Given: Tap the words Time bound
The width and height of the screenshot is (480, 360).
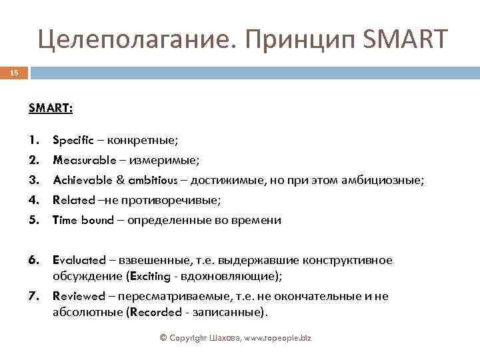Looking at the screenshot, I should coord(83,220).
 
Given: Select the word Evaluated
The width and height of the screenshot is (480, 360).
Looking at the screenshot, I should coord(79,260).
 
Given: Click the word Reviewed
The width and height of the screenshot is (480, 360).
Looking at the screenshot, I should coord(79,296).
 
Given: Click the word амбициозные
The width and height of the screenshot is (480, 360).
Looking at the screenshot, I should coord(389,181).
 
